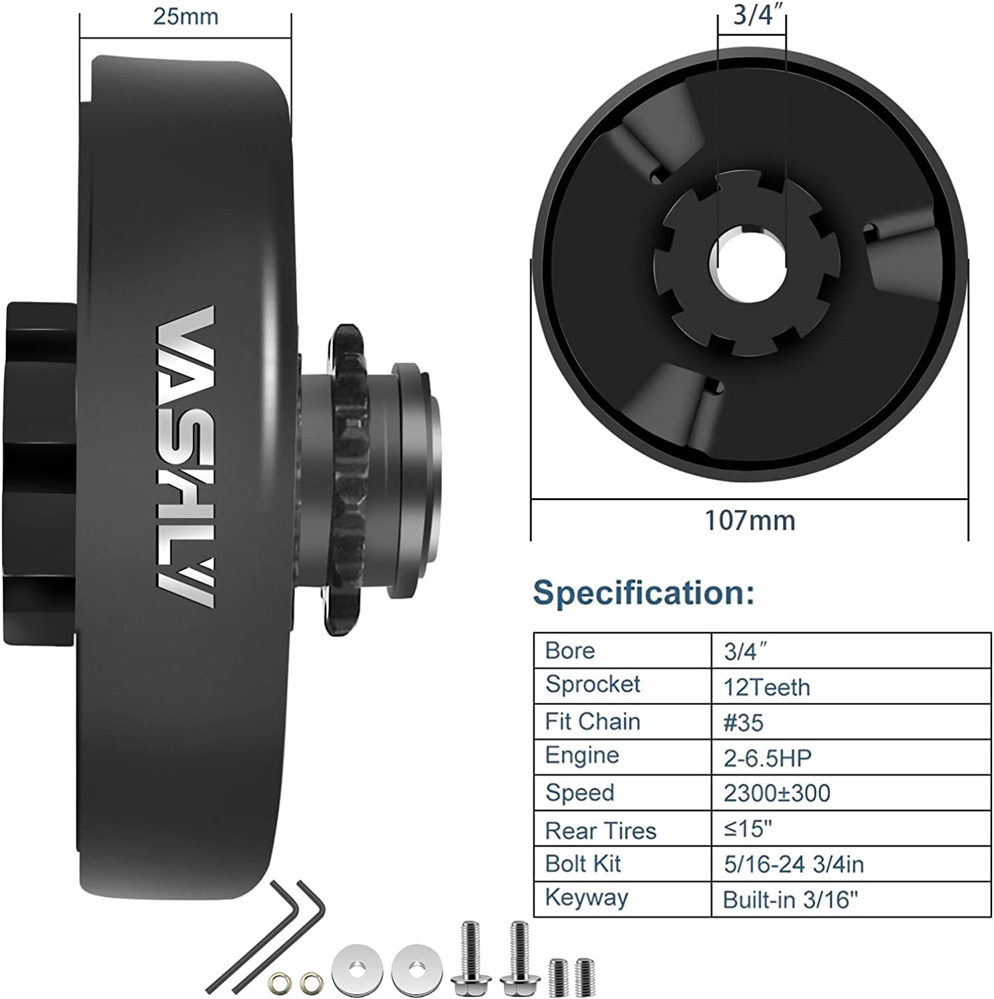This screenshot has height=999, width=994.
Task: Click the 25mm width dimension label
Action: pyautogui.click(x=185, y=17)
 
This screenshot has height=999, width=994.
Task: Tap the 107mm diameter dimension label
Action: pyautogui.click(x=750, y=520)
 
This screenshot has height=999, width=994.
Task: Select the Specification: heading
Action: pyautogui.click(x=644, y=592)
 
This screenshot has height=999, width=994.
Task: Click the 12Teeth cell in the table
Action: pyautogui.click(x=767, y=687)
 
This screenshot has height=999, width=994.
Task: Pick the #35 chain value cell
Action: pyautogui.click(x=743, y=723)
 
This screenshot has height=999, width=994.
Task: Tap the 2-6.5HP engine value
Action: pyautogui.click(x=767, y=757)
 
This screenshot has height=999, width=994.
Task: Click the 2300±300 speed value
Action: pyautogui.click(x=777, y=793)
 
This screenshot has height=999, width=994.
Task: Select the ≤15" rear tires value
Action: pyautogui.click(x=748, y=829)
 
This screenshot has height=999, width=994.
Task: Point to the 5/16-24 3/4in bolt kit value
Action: pyautogui.click(x=794, y=864)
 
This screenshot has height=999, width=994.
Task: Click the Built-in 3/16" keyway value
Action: pyautogui.click(x=790, y=900)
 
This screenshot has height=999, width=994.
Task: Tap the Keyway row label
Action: pyautogui.click(x=586, y=898)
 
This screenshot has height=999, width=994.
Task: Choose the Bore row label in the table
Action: pyautogui.click(x=569, y=650)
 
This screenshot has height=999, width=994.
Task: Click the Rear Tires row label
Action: pyautogui.click(x=600, y=830)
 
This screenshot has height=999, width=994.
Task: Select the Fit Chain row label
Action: pyautogui.click(x=592, y=721)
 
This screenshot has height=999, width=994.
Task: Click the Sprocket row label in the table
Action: pyautogui.click(x=592, y=684)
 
